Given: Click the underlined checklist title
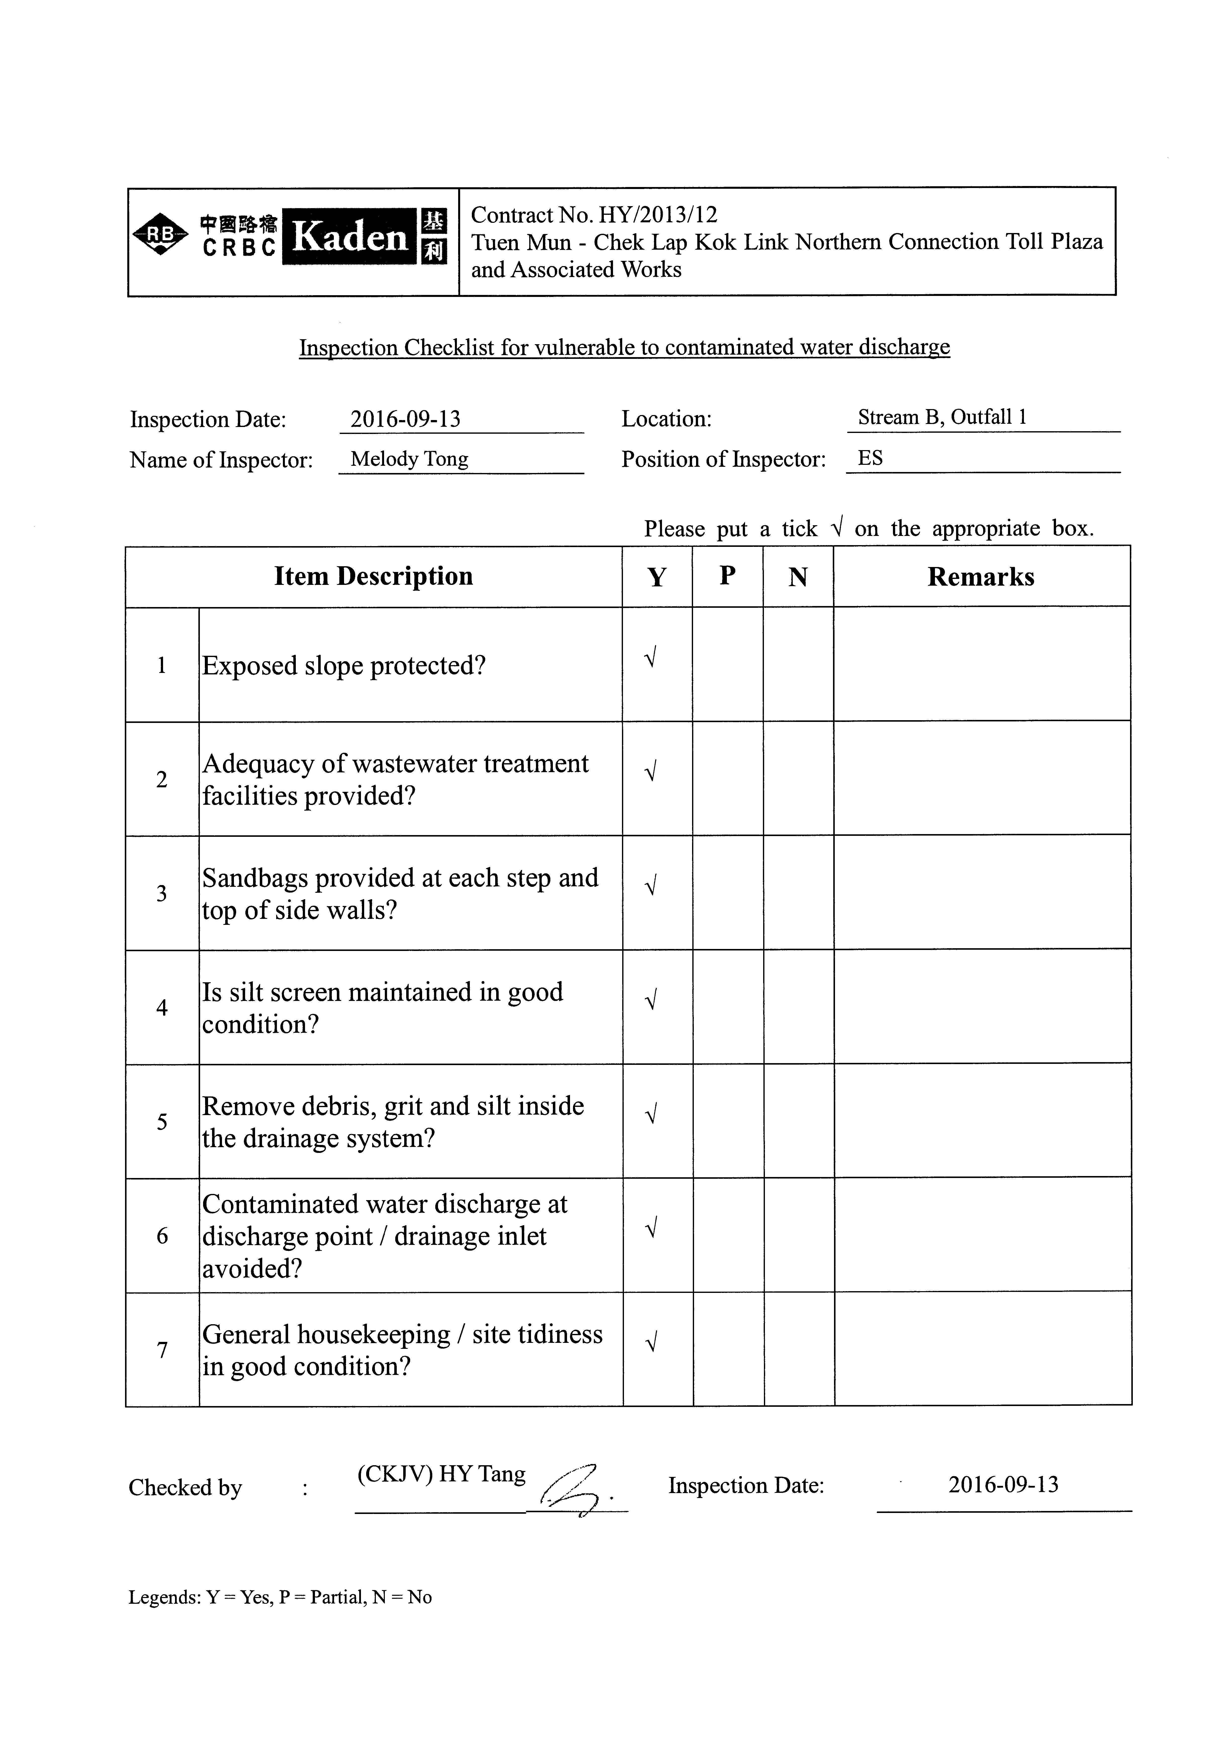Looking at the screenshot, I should coord(624,348).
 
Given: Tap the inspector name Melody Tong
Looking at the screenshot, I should coord(409,459).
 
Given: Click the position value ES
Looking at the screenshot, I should coord(870,458).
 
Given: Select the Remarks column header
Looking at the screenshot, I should coord(981,577).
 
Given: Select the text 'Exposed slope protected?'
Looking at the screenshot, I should coord(343,666).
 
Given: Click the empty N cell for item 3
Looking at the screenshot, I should coord(798,893).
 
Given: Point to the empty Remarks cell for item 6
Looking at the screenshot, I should coord(982,1235).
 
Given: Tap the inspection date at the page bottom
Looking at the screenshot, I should coord(1003,1485).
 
